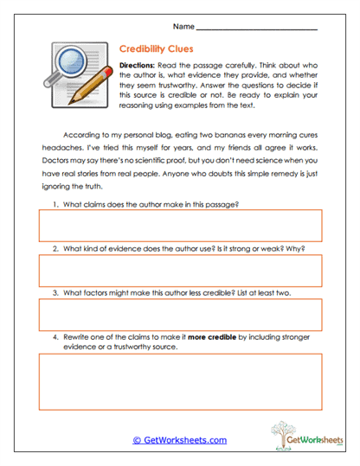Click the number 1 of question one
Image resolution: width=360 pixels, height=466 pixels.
pos(55,204)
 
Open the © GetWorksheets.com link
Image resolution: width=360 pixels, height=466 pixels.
pos(179,439)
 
